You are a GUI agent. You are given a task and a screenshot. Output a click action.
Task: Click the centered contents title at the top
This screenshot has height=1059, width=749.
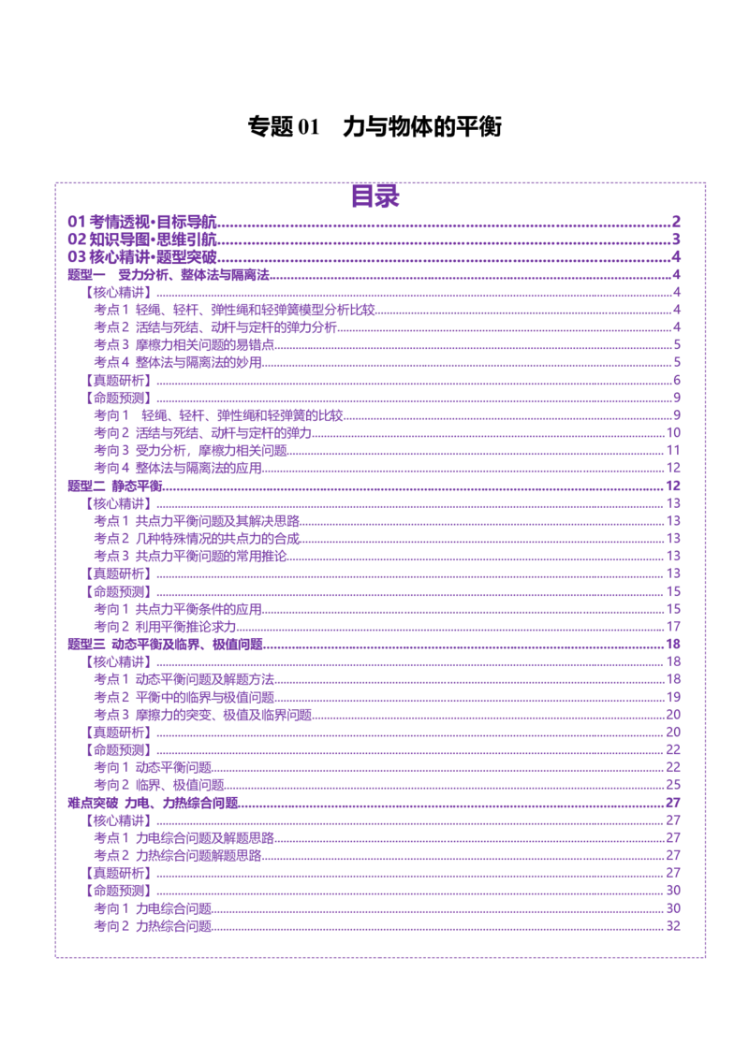tap(376, 197)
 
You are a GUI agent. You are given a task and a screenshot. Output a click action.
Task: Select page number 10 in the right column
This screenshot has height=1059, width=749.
tap(673, 486)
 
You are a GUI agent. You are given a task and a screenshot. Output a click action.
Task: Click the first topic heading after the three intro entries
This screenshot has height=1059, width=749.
tap(169, 275)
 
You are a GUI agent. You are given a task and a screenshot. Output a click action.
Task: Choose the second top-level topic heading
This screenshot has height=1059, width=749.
tap(116, 486)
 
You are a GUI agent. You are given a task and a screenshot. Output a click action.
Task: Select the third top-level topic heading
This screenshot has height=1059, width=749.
tap(167, 644)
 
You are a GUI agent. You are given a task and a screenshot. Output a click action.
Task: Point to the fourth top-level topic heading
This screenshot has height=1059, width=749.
tap(153, 803)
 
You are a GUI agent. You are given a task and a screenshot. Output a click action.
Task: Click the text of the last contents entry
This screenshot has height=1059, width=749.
tap(154, 926)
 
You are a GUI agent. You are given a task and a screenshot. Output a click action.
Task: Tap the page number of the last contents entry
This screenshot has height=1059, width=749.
tap(673, 926)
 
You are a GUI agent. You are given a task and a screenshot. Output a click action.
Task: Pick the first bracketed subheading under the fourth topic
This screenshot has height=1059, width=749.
tap(117, 820)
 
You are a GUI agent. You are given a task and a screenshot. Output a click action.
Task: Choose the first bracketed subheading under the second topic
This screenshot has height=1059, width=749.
tap(117, 503)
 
